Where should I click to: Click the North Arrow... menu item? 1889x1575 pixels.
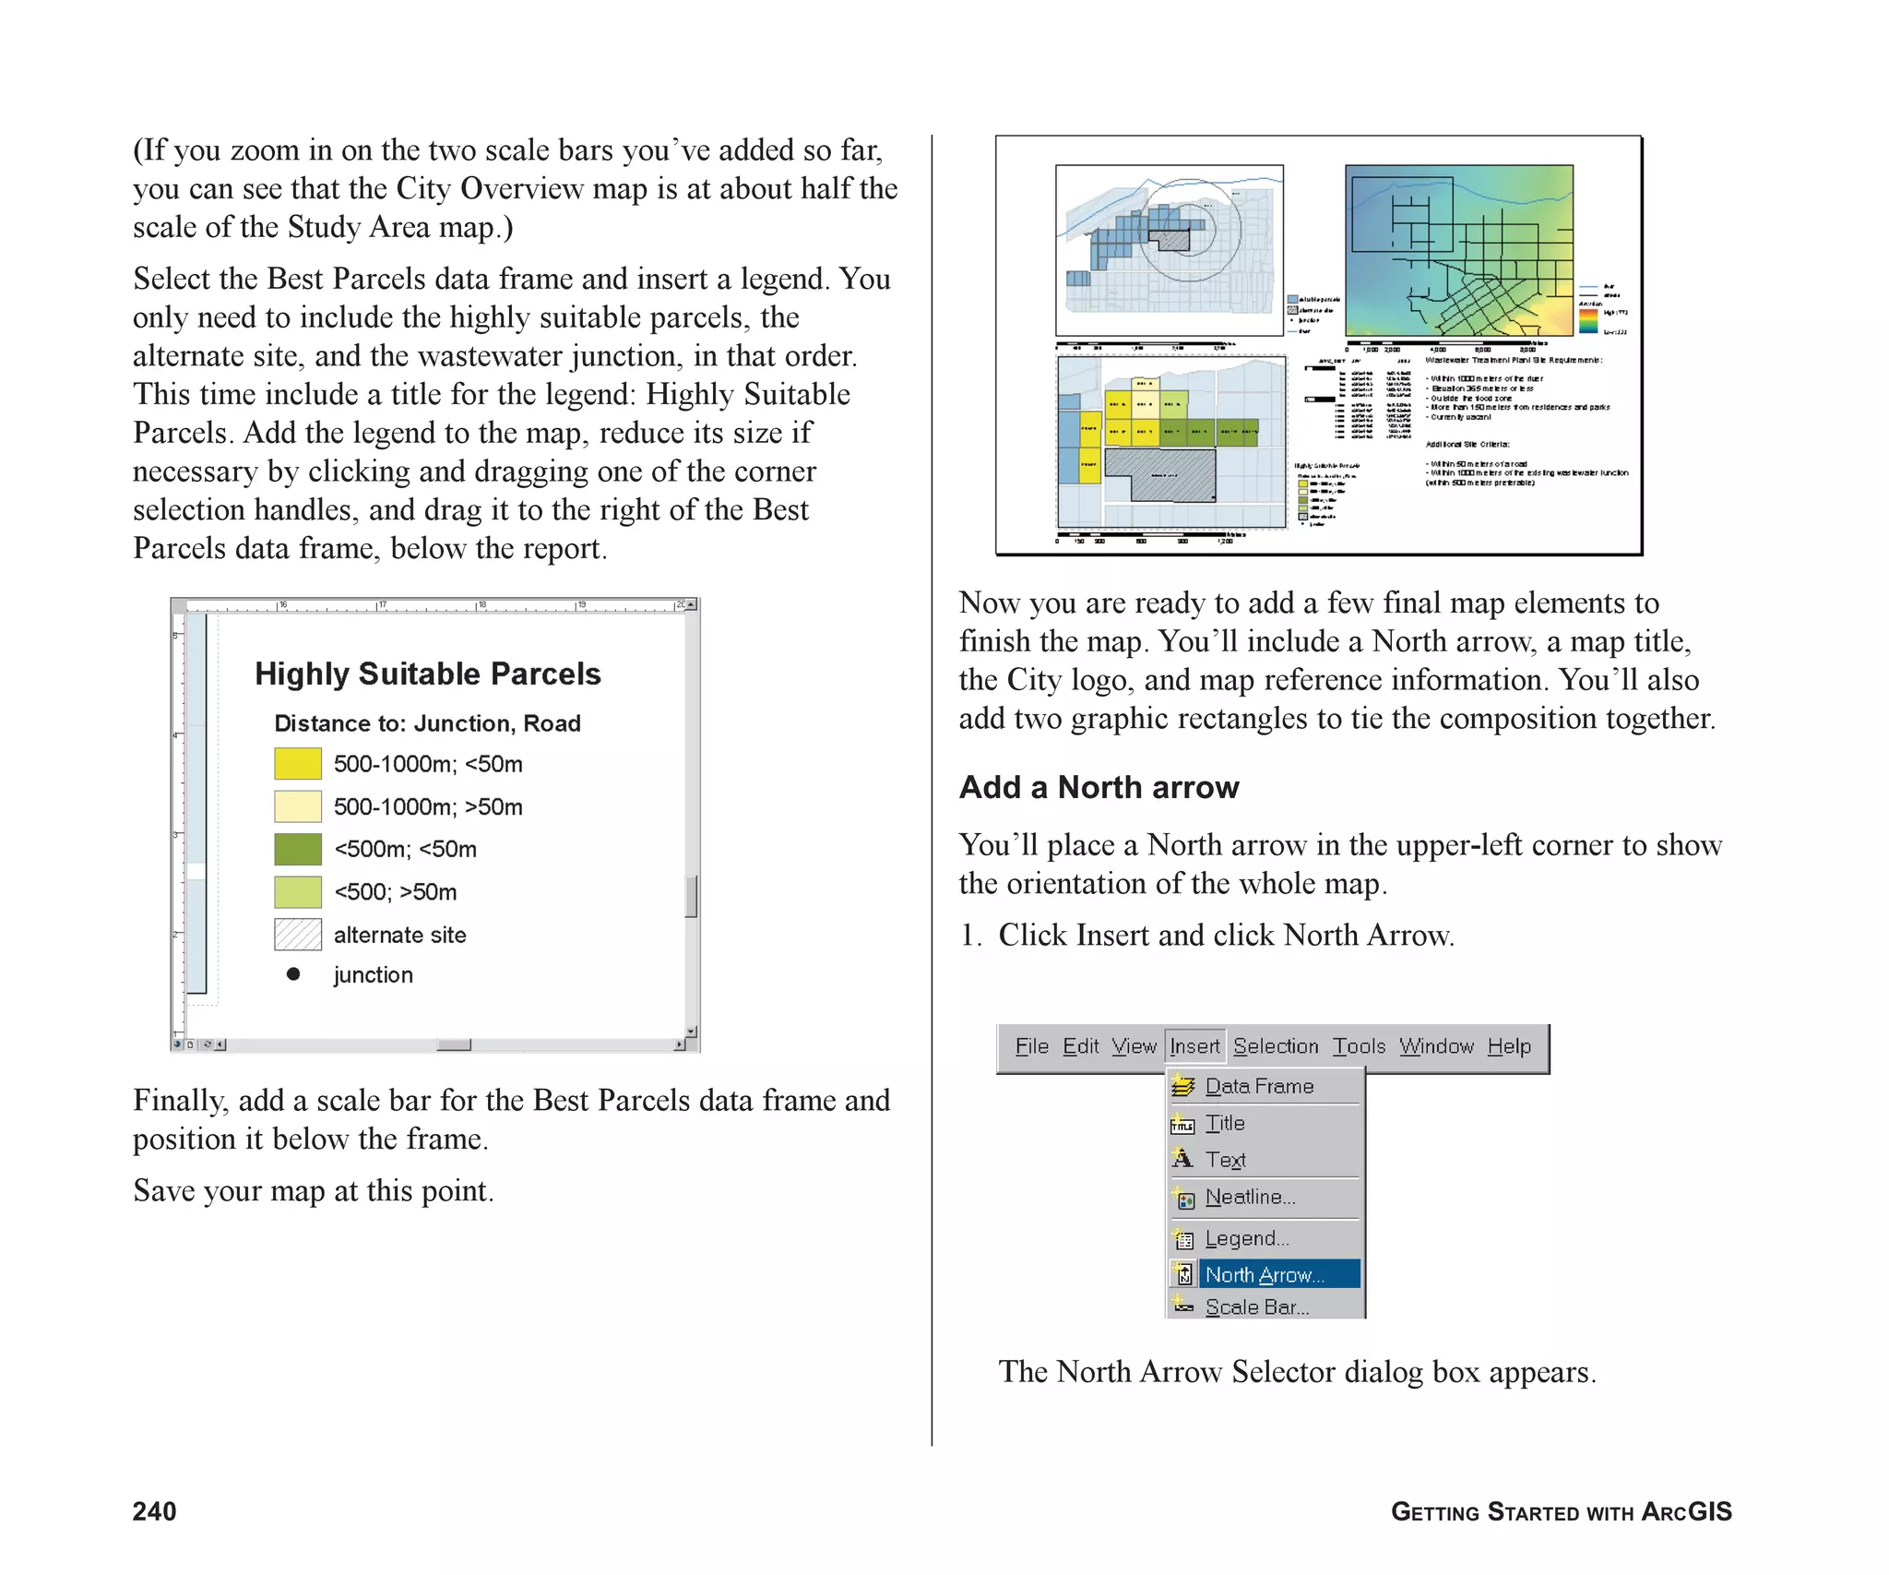click(1264, 1274)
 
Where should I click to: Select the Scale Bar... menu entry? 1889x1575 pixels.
click(1256, 1307)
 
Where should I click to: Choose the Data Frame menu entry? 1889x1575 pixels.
click(1259, 1086)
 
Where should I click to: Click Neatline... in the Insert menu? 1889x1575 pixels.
click(1250, 1197)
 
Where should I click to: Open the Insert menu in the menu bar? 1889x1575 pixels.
click(1194, 1046)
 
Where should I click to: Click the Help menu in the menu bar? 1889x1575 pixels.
click(1509, 1046)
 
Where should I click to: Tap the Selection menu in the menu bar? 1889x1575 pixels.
click(1276, 1046)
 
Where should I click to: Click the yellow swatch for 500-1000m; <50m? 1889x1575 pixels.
click(298, 764)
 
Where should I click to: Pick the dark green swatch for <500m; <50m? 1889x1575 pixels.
click(298, 849)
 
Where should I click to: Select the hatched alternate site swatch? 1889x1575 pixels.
click(298, 934)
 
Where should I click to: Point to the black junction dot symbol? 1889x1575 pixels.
click(293, 974)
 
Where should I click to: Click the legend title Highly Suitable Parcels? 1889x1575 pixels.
click(428, 674)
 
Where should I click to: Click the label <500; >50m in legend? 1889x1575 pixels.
click(395, 892)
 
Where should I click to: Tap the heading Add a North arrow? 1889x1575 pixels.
click(1099, 787)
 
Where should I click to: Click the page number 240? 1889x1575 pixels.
click(154, 1511)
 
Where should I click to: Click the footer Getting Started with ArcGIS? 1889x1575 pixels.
click(1561, 1511)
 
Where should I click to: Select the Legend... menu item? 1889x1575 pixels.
click(1246, 1238)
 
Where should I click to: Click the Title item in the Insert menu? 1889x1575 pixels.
click(1225, 1123)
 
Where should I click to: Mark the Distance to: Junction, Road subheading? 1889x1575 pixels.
click(427, 723)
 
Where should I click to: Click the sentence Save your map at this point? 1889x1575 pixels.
click(314, 1190)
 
